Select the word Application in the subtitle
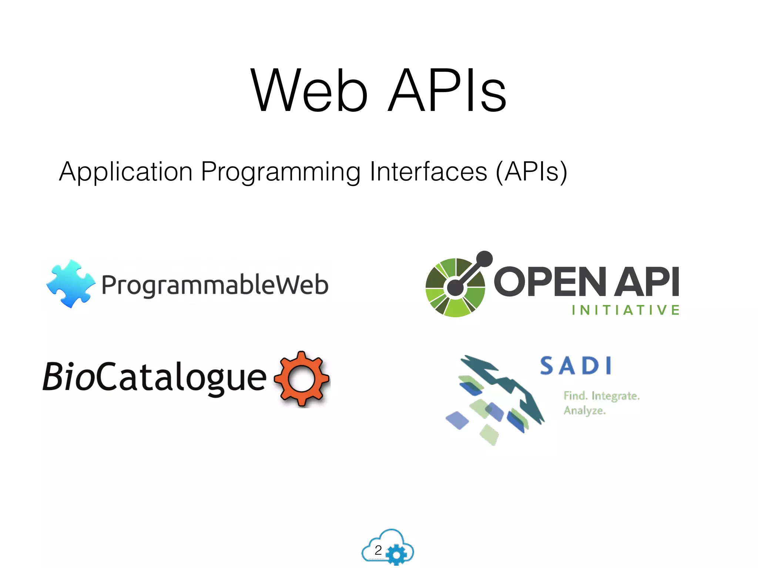coord(126,172)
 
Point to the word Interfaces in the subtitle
coord(429,172)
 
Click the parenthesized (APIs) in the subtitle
coord(531,172)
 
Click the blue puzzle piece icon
coord(70,283)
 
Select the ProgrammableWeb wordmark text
coord(215,285)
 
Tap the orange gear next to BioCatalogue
coord(302,379)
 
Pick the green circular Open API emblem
coord(455,288)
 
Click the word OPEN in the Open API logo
coord(550,282)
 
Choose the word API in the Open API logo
coord(647,282)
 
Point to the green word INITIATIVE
coord(625,310)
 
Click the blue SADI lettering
coord(576,366)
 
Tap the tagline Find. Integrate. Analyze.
coord(601,403)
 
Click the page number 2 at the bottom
coord(378,550)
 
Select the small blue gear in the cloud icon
coord(396,554)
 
